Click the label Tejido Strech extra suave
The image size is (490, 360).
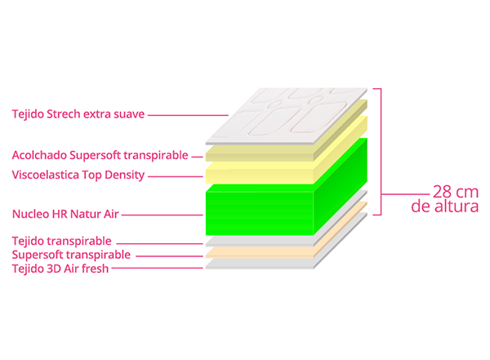pos(78,114)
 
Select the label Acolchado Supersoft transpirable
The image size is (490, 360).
pos(100,156)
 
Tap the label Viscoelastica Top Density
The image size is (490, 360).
pos(78,176)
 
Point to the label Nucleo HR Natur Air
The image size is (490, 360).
pos(65,215)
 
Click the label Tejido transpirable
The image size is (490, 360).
pos(61,242)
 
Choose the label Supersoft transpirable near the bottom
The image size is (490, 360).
pos(71,255)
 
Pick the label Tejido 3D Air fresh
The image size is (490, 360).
pos(60,269)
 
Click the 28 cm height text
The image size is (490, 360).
pos(456,192)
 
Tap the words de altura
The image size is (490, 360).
pos(445,207)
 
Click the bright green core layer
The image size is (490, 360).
pos(260,212)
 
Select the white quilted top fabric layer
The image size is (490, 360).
pos(287,116)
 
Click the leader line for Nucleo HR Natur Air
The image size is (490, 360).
pos(163,215)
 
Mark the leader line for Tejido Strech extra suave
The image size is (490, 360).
pos(188,115)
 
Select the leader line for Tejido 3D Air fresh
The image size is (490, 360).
pos(157,268)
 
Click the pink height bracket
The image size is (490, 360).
pos(381,152)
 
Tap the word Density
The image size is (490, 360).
pos(124,176)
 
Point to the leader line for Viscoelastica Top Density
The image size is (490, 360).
pos(176,176)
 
